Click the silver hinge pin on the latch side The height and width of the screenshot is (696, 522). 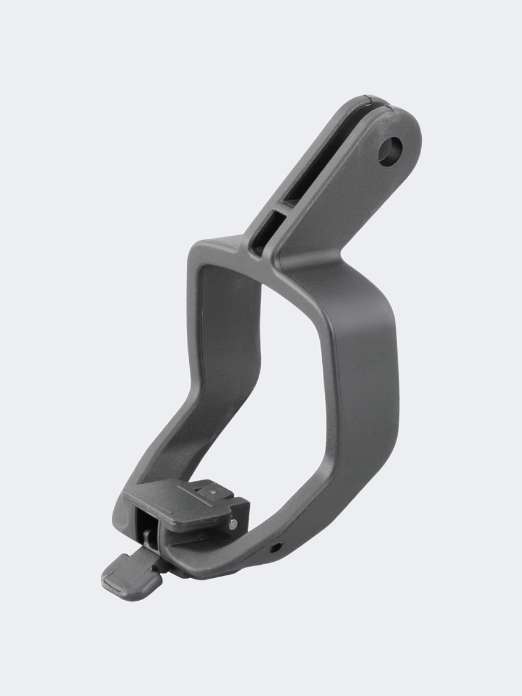coord(232,524)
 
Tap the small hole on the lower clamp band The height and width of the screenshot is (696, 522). coord(275,547)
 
